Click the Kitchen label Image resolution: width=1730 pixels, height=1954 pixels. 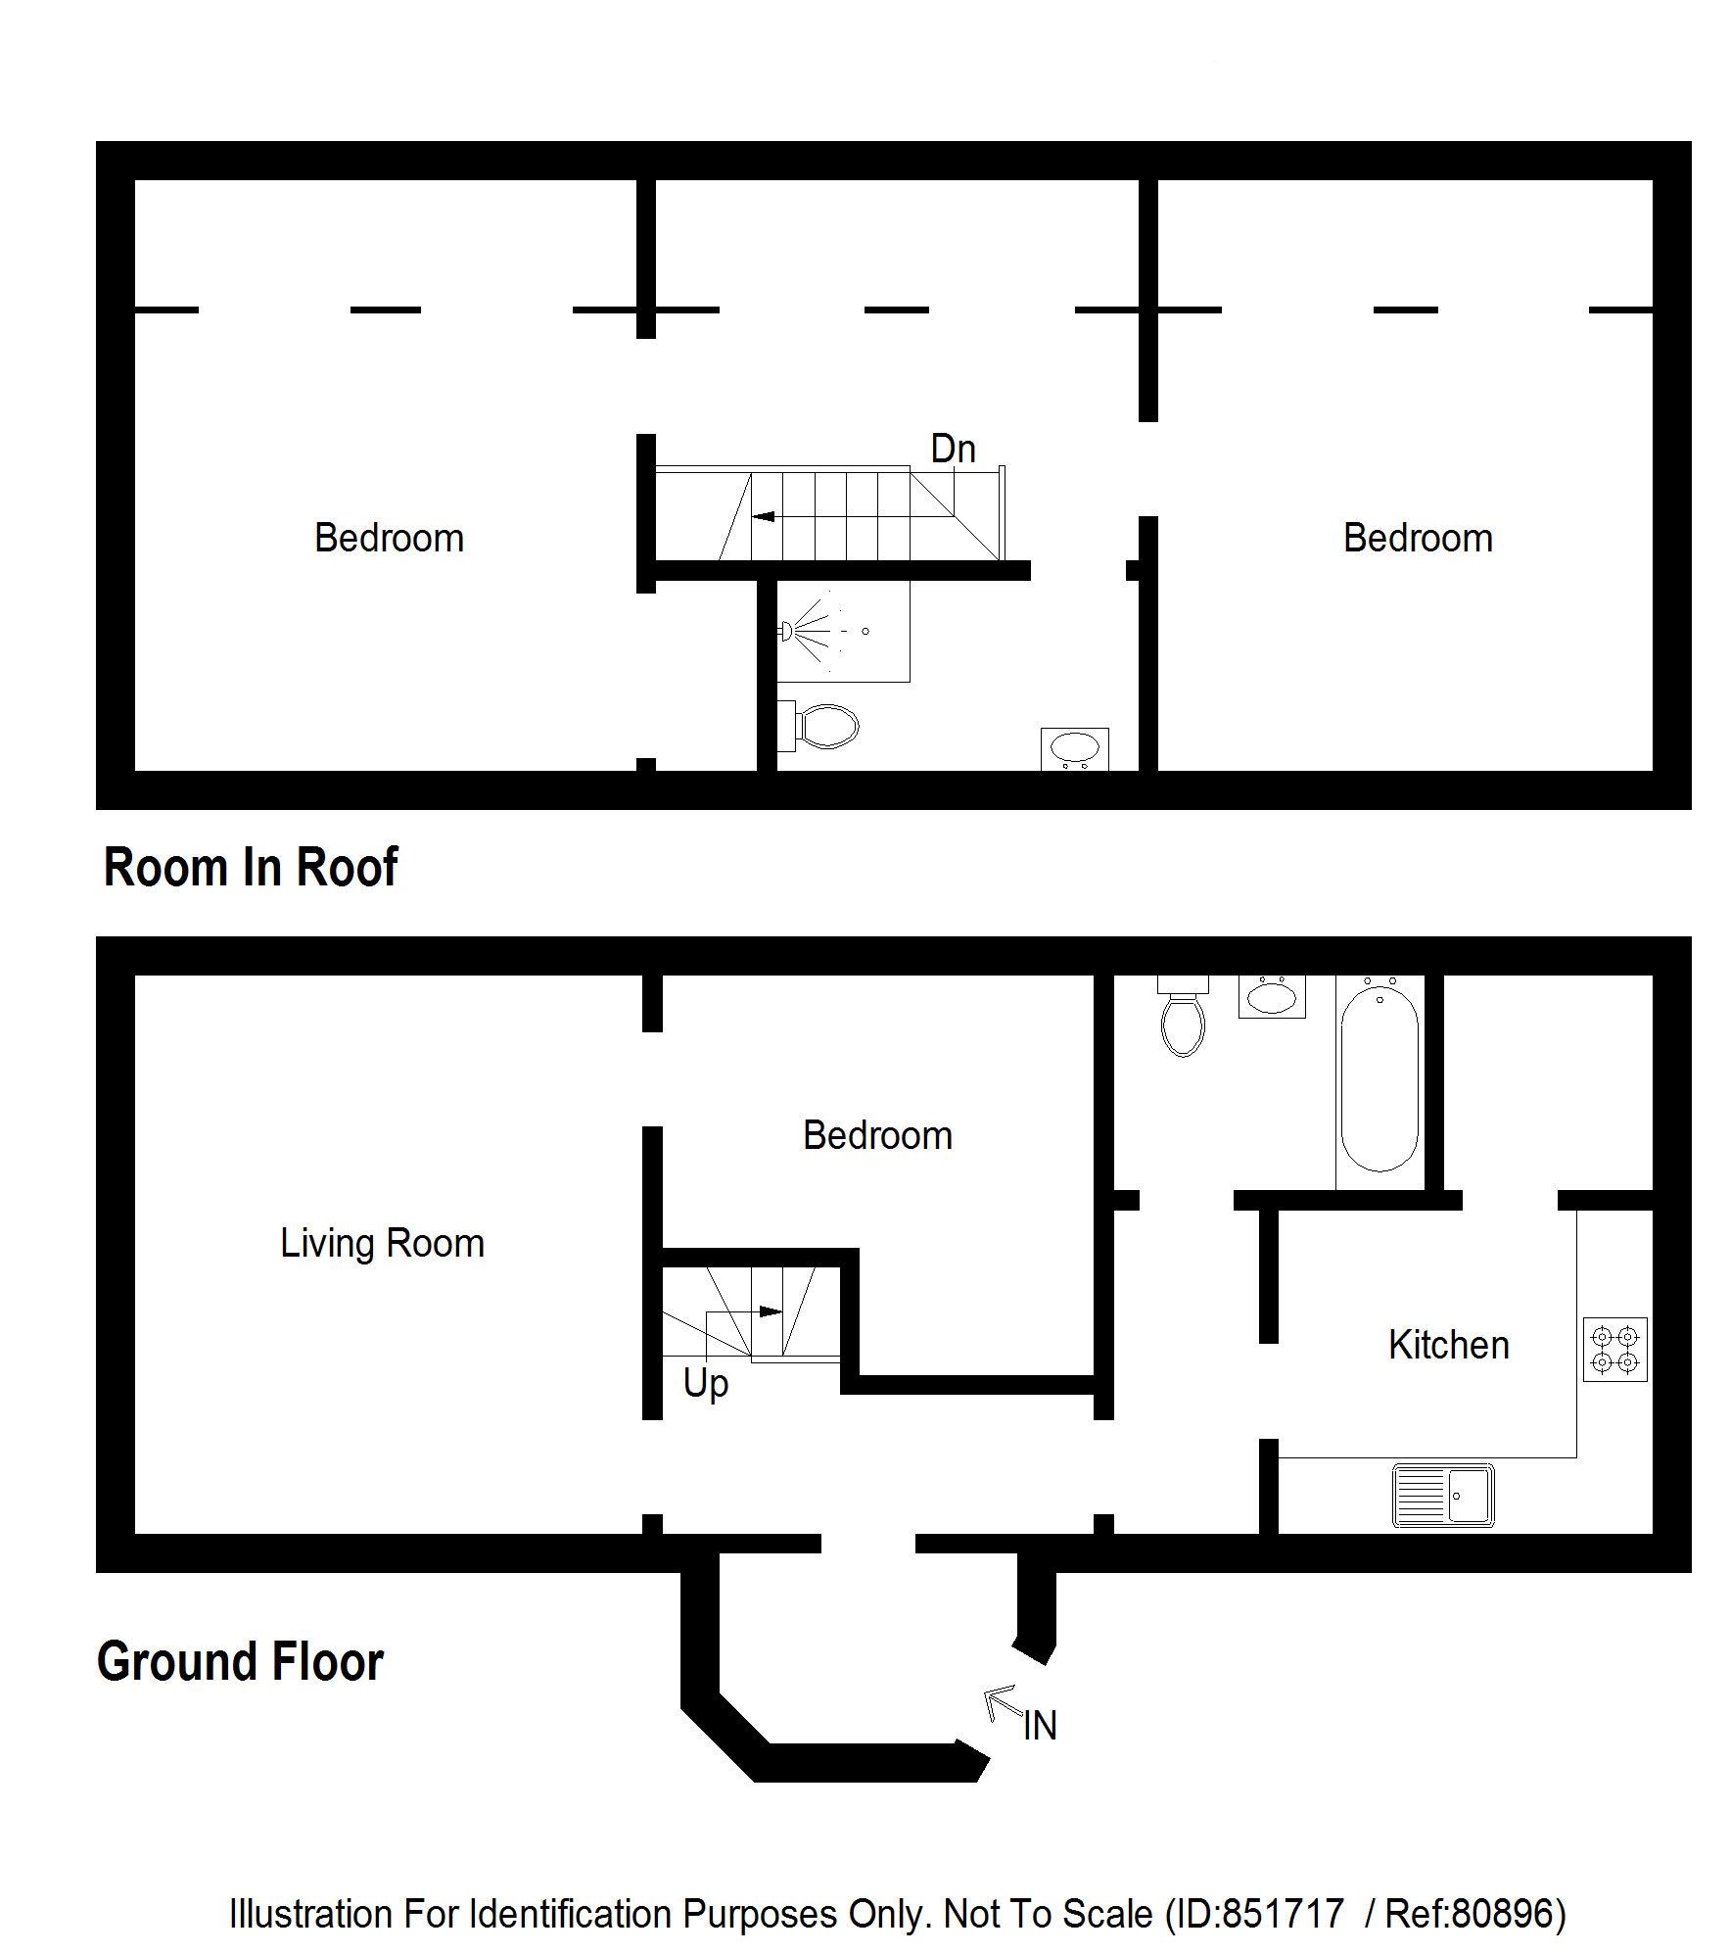coord(1448,1346)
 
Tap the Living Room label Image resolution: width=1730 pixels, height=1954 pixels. coord(382,1243)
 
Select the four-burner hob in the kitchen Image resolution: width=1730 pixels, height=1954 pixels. coord(1614,1349)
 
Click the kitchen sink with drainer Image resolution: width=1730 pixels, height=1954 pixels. coord(1443,1496)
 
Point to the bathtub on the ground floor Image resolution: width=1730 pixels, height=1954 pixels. coord(1379,1081)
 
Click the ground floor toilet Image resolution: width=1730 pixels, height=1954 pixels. coord(1183,1015)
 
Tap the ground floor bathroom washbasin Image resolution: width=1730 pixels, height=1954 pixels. coord(1272,996)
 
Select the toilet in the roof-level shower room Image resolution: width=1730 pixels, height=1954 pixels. coord(818,726)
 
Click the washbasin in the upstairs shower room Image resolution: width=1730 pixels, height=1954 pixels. coord(1074,749)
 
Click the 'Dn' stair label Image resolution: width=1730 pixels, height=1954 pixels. coord(953,449)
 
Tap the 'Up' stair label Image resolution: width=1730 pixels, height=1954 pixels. coord(705,1385)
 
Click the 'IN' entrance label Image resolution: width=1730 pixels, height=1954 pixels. coord(1040,1726)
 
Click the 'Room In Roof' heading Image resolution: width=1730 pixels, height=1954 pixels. coord(251,867)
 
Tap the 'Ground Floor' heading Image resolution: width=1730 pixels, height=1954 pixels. coord(240,1661)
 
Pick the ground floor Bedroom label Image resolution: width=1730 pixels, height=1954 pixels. coord(877,1135)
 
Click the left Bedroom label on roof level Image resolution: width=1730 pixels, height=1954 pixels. coord(389,538)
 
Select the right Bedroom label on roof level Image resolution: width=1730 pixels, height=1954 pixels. coord(1418,538)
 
